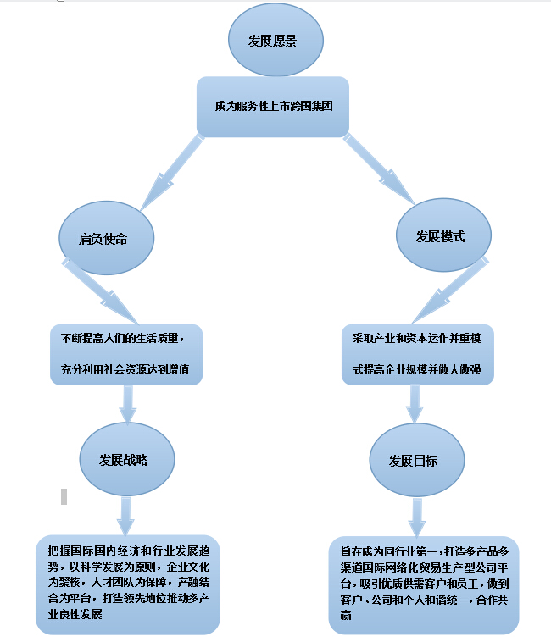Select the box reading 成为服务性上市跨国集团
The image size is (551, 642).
click(x=272, y=107)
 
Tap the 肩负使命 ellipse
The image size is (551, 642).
click(x=106, y=239)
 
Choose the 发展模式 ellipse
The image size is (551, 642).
click(x=442, y=237)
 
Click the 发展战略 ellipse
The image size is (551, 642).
click(x=126, y=460)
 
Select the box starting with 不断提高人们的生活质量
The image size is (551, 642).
click(x=126, y=354)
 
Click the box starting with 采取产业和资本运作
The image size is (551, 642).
click(x=416, y=354)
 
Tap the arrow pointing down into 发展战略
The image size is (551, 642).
click(x=127, y=403)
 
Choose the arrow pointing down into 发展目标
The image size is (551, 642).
click(x=415, y=403)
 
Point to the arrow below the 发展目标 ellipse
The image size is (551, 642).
click(x=417, y=515)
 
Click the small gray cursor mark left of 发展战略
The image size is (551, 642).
click(x=64, y=496)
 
